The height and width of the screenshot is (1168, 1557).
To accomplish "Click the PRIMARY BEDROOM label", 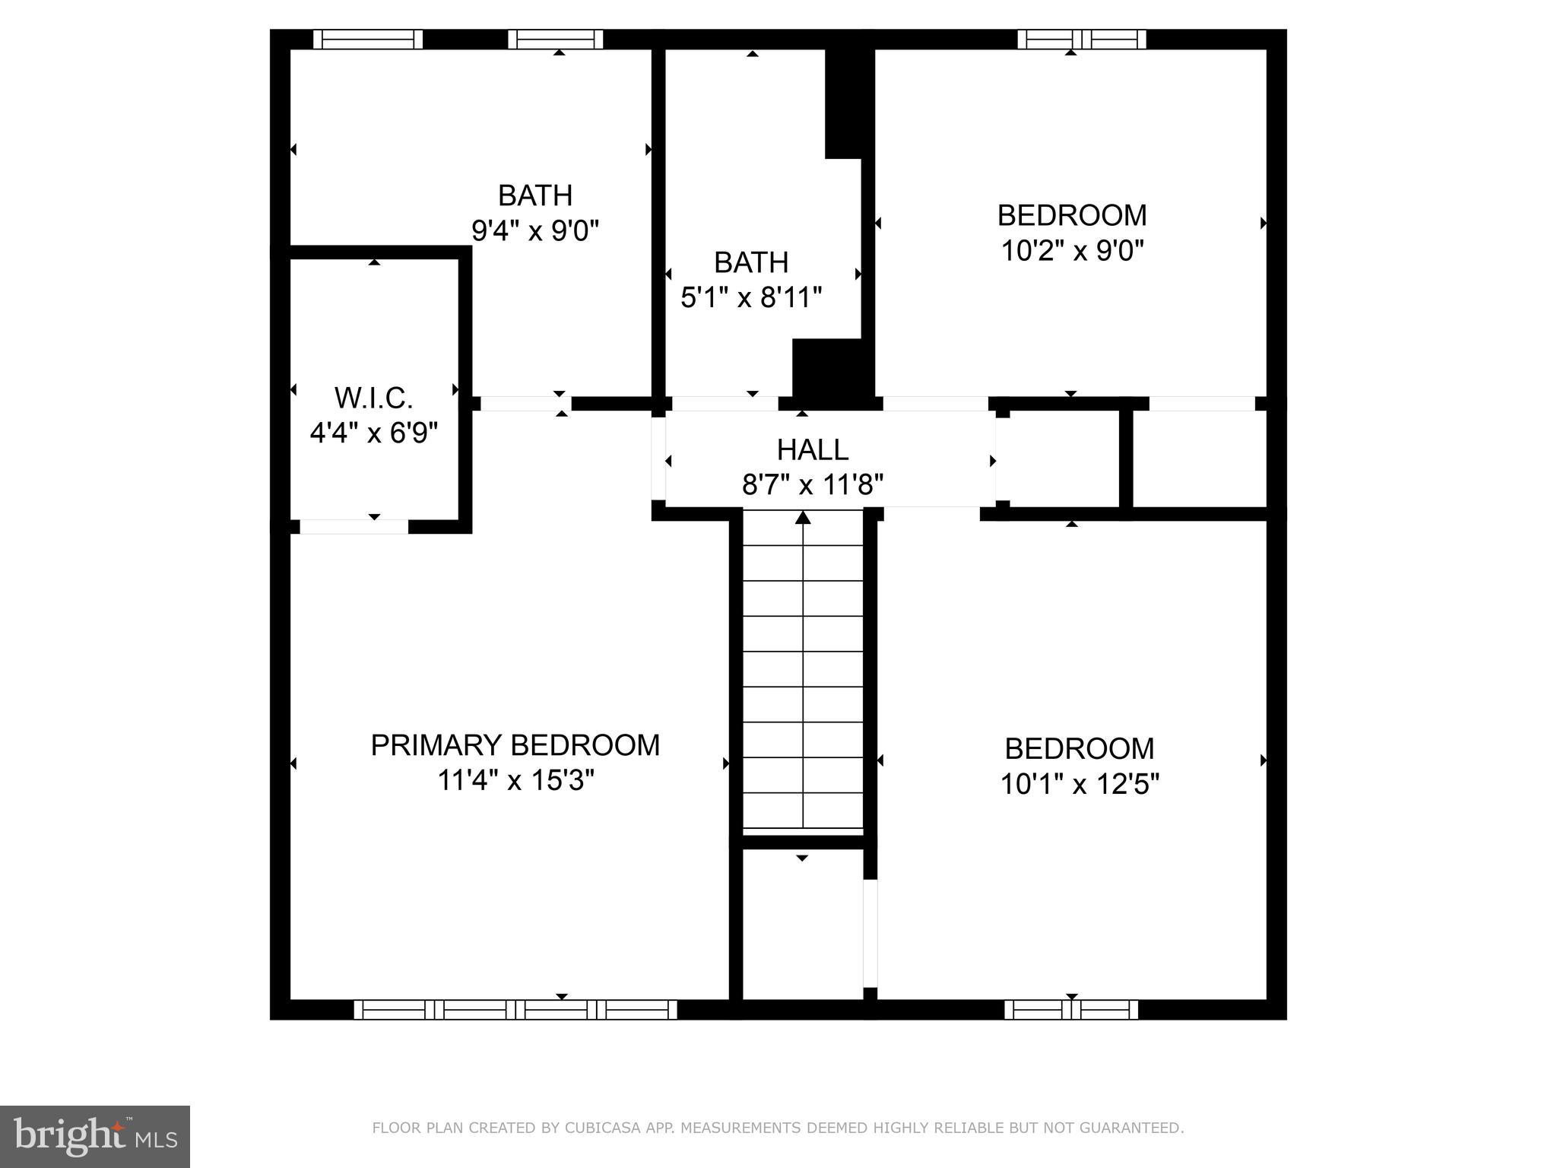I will [x=515, y=745].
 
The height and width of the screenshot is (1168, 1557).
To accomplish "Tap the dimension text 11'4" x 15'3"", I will [x=515, y=781].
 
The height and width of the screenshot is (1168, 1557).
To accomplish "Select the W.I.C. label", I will [x=373, y=398].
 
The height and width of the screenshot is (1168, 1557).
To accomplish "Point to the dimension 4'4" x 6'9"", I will [x=373, y=433].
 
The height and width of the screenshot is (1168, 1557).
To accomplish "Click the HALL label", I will [x=812, y=449].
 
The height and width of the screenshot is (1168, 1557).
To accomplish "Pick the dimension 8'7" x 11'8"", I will [x=812, y=484].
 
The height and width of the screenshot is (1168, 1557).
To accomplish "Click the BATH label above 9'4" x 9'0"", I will [x=534, y=195].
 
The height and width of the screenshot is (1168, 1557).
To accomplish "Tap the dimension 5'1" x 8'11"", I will [x=751, y=297].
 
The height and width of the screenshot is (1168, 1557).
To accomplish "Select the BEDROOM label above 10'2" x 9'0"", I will [x=1071, y=215].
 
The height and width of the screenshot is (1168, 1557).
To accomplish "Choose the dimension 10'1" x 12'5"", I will [x=1079, y=784].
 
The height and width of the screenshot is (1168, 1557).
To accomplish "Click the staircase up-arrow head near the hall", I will [x=803, y=519].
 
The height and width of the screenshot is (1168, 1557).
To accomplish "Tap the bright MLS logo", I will [x=95, y=1136].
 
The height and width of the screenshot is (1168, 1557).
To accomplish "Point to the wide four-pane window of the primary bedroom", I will [x=515, y=1010].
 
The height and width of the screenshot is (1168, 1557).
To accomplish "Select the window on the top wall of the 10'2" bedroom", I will [x=1081, y=39].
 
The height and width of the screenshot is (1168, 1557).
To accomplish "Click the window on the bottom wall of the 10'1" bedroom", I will [x=1070, y=1010].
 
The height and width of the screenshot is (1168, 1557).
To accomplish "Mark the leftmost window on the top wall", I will [x=368, y=39].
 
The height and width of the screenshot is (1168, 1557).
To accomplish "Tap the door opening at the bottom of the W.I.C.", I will [x=354, y=526].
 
